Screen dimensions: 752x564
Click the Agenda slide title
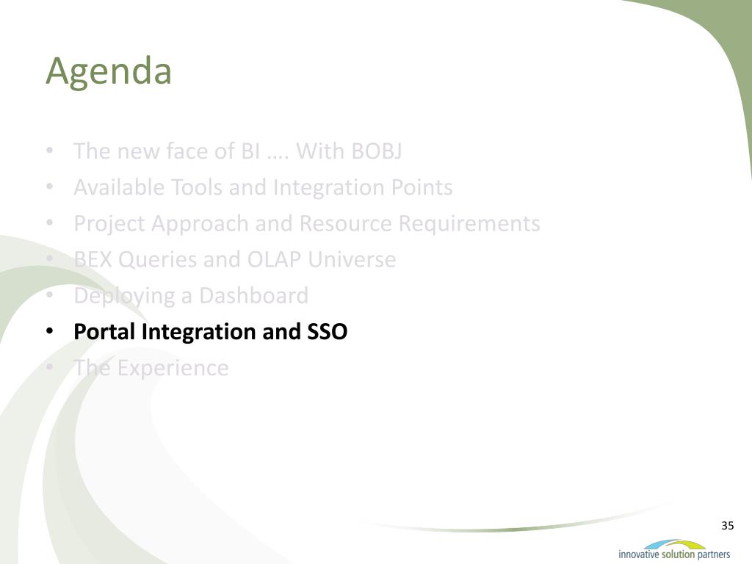point(109,72)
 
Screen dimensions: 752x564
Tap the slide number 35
point(727,526)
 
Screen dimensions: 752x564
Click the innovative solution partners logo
point(674,549)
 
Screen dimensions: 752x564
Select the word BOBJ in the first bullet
point(377,151)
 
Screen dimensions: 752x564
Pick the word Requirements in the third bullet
point(469,224)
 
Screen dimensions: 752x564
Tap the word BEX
point(93,259)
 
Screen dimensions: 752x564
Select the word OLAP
point(274,259)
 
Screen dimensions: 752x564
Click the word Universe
point(352,259)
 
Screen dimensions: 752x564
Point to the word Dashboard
point(253,295)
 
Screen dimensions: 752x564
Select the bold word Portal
point(104,331)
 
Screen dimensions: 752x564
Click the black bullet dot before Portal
point(49,331)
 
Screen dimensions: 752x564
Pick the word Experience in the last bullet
point(173,369)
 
